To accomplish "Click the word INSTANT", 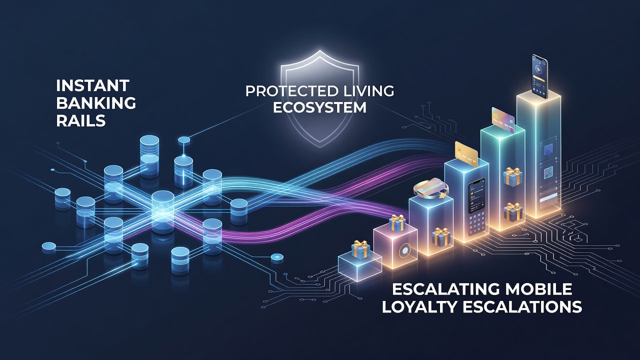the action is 93,85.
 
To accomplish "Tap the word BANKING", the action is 96,103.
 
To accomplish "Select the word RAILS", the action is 81,120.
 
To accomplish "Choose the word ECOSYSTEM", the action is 319,107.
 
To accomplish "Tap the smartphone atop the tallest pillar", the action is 539,76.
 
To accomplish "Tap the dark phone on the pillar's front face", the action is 476,196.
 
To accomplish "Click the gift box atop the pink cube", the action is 397,222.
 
